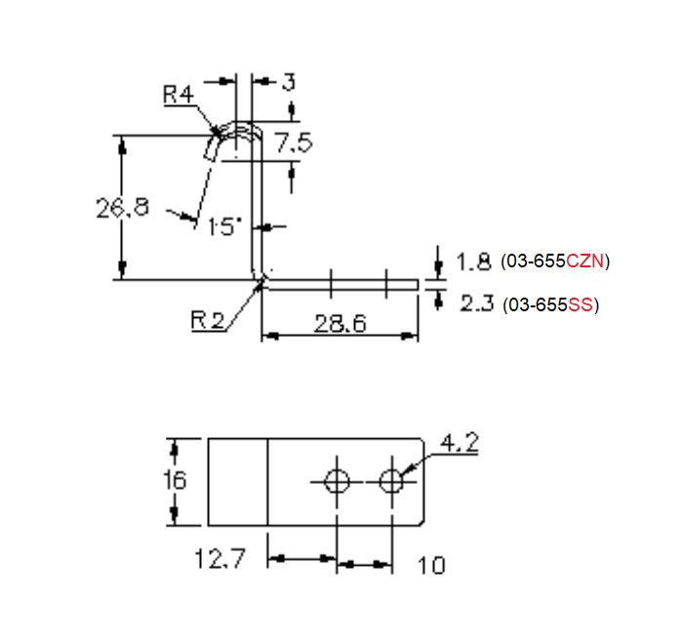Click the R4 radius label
pos(180,95)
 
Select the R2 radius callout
pos(208,320)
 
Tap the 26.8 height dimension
pos(123,208)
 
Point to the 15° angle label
pos(224,226)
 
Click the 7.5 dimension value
pos(293,143)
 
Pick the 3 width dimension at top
pos(289,82)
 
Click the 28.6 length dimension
pos(340,323)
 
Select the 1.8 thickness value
pos(473,262)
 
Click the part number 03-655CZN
pos(555,262)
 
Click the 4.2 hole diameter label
pos(460,444)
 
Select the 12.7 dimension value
pos(221,560)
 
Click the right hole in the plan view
pos(392,480)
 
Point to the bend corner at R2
pos(261,280)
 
